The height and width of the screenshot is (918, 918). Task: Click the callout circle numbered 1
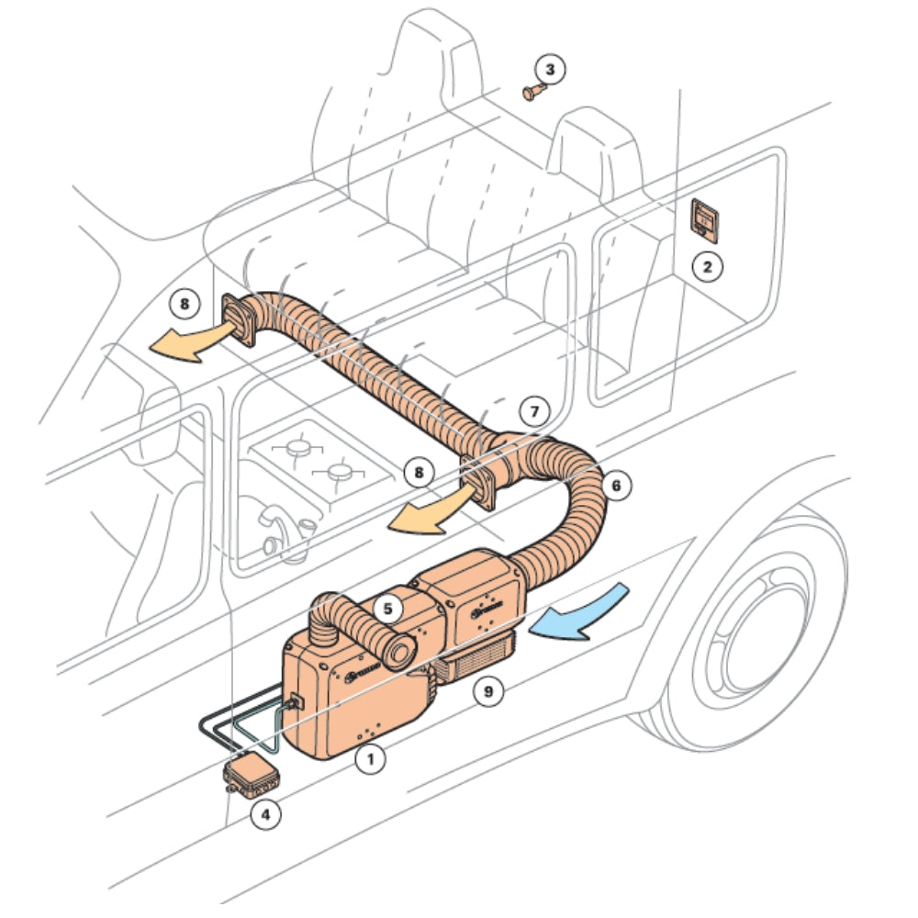(x=370, y=758)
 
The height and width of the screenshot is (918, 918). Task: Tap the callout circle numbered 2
(x=707, y=267)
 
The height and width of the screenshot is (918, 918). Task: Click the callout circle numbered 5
(x=387, y=607)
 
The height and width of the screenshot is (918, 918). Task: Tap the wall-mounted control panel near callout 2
(x=705, y=219)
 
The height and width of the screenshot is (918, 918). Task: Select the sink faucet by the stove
(x=275, y=529)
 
